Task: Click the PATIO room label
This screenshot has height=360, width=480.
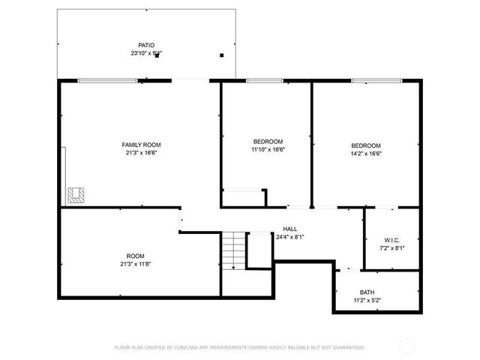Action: (146, 45)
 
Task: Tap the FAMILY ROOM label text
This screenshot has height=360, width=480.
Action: (141, 145)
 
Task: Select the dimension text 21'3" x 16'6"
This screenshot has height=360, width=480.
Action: (141, 153)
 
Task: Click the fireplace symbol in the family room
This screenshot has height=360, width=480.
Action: (76, 196)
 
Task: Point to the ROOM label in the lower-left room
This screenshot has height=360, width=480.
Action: (135, 256)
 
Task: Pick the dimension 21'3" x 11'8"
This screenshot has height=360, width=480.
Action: (135, 264)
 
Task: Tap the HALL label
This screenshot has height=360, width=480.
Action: (289, 229)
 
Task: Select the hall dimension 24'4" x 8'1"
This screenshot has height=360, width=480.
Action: (289, 237)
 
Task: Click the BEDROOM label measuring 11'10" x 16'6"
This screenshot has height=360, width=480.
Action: (268, 142)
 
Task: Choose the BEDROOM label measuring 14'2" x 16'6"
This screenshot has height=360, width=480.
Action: (366, 145)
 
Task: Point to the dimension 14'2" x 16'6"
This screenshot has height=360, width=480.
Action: (366, 154)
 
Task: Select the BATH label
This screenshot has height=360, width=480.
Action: (367, 292)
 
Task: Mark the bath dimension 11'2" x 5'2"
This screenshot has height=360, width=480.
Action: (367, 301)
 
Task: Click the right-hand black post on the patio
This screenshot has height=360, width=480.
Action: (221, 55)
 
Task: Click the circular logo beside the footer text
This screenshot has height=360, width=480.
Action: (407, 346)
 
